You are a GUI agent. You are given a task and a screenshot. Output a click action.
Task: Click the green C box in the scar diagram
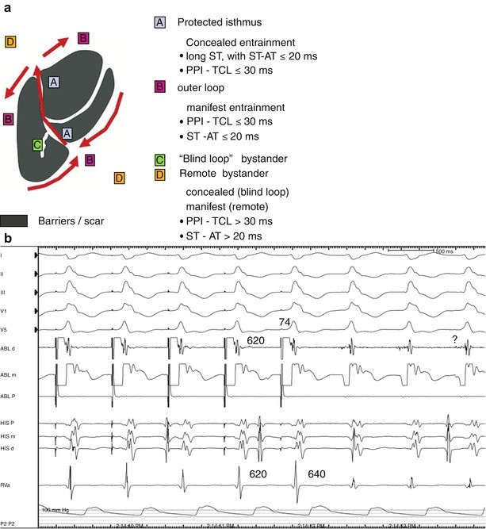coord(37,144)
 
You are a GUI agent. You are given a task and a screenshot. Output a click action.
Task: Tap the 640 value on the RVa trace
coord(316,474)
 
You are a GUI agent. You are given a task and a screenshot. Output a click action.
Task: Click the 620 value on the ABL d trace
coord(256,339)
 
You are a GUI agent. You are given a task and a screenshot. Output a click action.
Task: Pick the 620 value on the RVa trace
coord(258,474)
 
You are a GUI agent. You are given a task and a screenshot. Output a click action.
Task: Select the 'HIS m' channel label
coord(10,436)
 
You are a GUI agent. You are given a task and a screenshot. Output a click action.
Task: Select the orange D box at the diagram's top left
coord(10,41)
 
